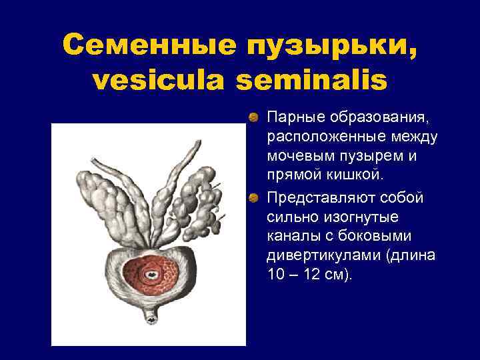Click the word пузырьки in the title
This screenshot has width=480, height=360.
pos(325,45)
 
